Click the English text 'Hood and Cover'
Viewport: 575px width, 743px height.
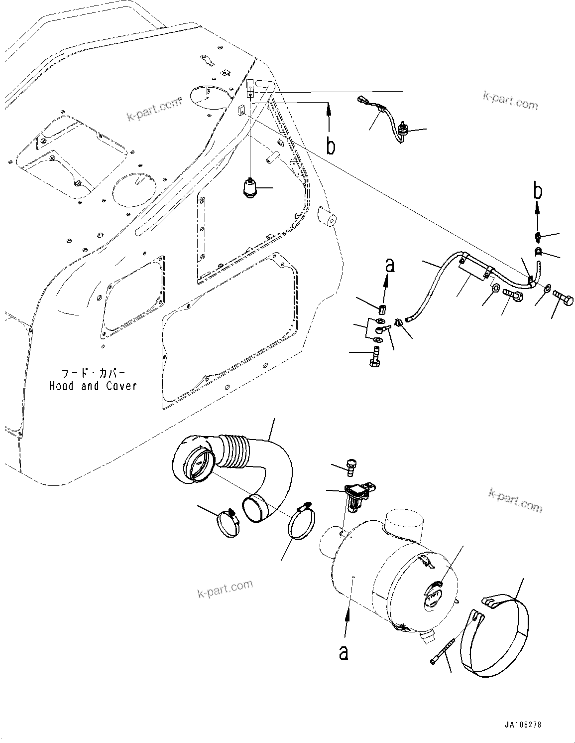(93, 386)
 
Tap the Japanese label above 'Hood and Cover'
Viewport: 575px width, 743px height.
(93, 373)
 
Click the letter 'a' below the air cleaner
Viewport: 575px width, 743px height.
(344, 651)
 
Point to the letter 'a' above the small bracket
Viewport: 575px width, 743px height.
(389, 266)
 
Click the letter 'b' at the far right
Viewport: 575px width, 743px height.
(538, 192)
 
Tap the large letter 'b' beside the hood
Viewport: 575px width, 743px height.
(330, 146)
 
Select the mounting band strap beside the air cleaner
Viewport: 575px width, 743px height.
(498, 633)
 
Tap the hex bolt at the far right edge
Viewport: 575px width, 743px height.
(564, 299)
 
